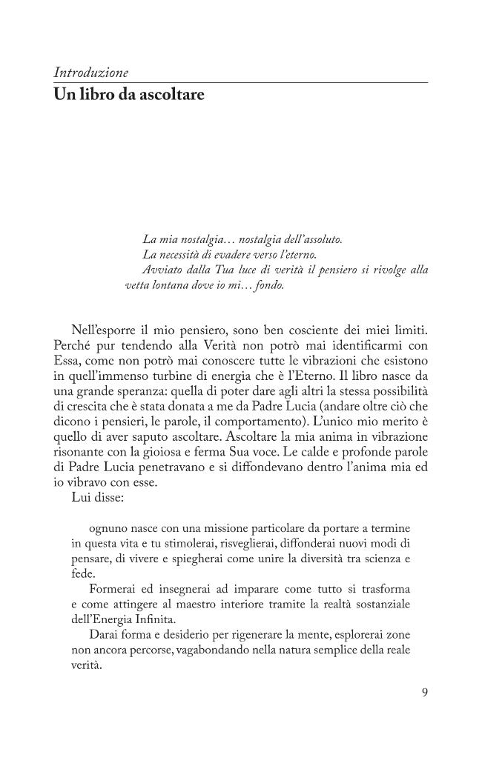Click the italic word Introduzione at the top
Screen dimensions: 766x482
91,73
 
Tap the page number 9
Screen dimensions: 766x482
424,693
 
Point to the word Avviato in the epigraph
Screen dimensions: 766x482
162,270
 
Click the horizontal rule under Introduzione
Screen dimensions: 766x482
241,81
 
